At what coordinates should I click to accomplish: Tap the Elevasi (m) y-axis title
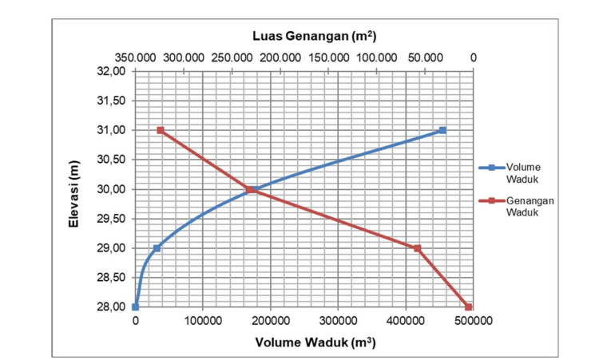pyautogui.click(x=74, y=189)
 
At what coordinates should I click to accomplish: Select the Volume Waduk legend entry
pyautogui.click(x=523, y=172)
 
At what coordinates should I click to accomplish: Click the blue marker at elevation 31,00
pyautogui.click(x=442, y=130)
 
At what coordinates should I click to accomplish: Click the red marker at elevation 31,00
pyautogui.click(x=161, y=130)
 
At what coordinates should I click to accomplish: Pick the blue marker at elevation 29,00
pyautogui.click(x=157, y=248)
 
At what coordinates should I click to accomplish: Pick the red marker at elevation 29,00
pyautogui.click(x=417, y=248)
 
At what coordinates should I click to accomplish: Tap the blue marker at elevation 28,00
pyautogui.click(x=135, y=307)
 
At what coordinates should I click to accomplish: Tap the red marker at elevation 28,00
pyautogui.click(x=468, y=307)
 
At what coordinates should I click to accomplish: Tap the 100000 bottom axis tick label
pyautogui.click(x=203, y=321)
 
